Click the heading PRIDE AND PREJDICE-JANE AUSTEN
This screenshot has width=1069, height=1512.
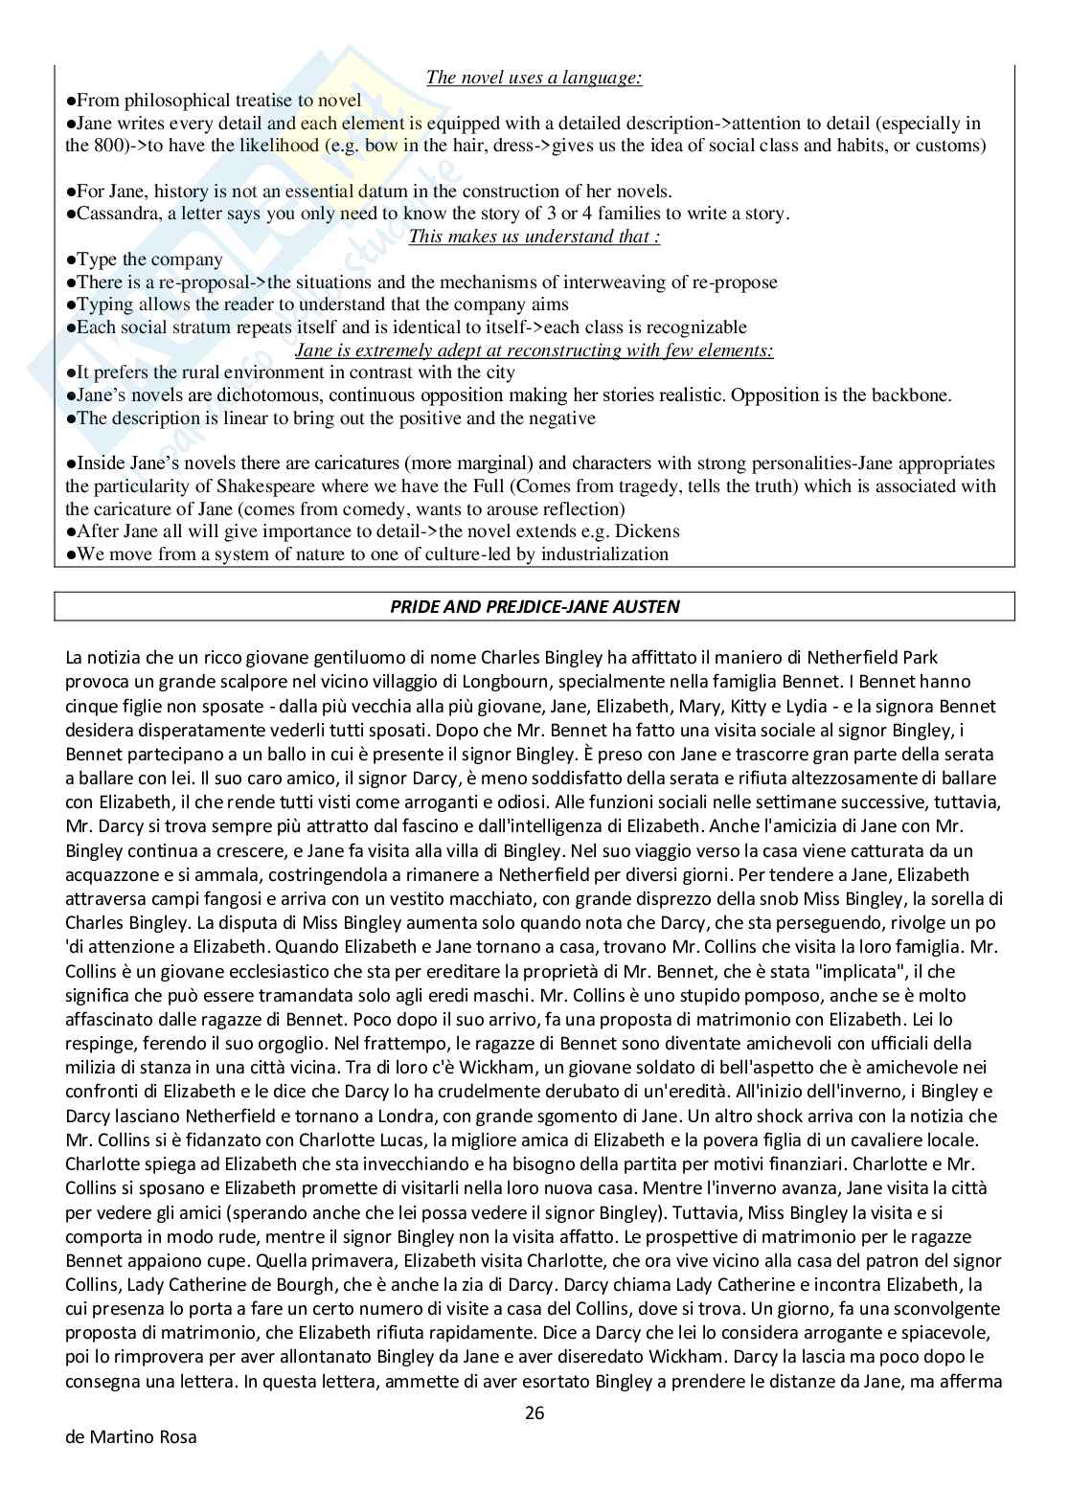(x=534, y=606)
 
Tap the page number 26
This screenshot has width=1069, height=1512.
(x=534, y=1412)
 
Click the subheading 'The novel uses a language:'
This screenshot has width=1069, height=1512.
(x=534, y=78)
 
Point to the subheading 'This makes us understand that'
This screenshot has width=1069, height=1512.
(x=534, y=237)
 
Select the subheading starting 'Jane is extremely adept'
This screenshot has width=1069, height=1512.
(x=534, y=350)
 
